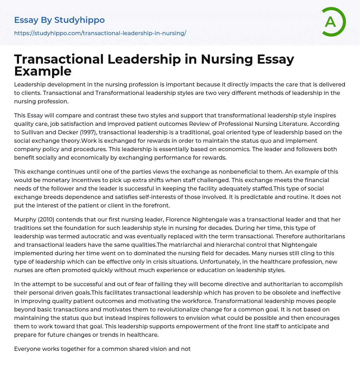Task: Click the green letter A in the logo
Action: [330, 22]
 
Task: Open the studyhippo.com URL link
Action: [100, 33]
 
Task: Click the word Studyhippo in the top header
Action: [79, 20]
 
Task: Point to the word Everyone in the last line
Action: [28, 349]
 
